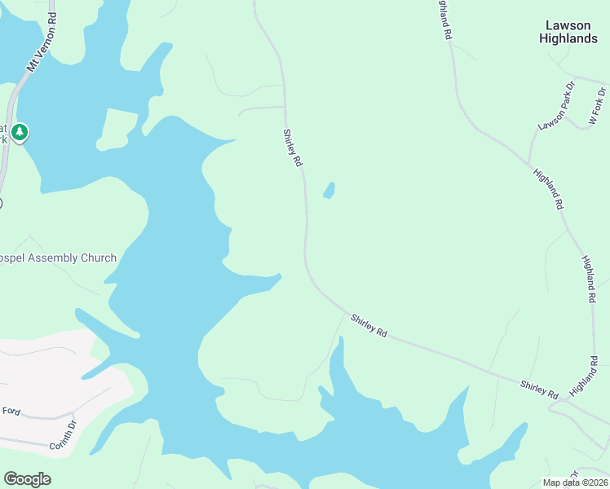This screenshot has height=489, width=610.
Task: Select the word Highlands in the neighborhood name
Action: tap(569, 38)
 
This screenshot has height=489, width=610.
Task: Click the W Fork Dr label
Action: tap(599, 108)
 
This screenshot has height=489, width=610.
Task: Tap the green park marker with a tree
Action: tap(20, 132)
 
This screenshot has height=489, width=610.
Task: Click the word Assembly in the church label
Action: tap(56, 258)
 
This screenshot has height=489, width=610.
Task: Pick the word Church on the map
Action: tap(99, 258)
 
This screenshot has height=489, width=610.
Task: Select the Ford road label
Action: tap(11, 410)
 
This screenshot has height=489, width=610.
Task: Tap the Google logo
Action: tap(27, 479)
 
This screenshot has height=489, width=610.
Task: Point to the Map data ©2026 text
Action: tap(574, 482)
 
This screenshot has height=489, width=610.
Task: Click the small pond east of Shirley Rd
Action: tap(329, 191)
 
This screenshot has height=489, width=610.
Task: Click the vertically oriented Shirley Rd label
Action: tap(292, 148)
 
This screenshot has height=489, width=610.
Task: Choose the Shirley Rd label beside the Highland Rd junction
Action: tap(540, 390)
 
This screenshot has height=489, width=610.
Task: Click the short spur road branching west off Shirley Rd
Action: tap(261, 108)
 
